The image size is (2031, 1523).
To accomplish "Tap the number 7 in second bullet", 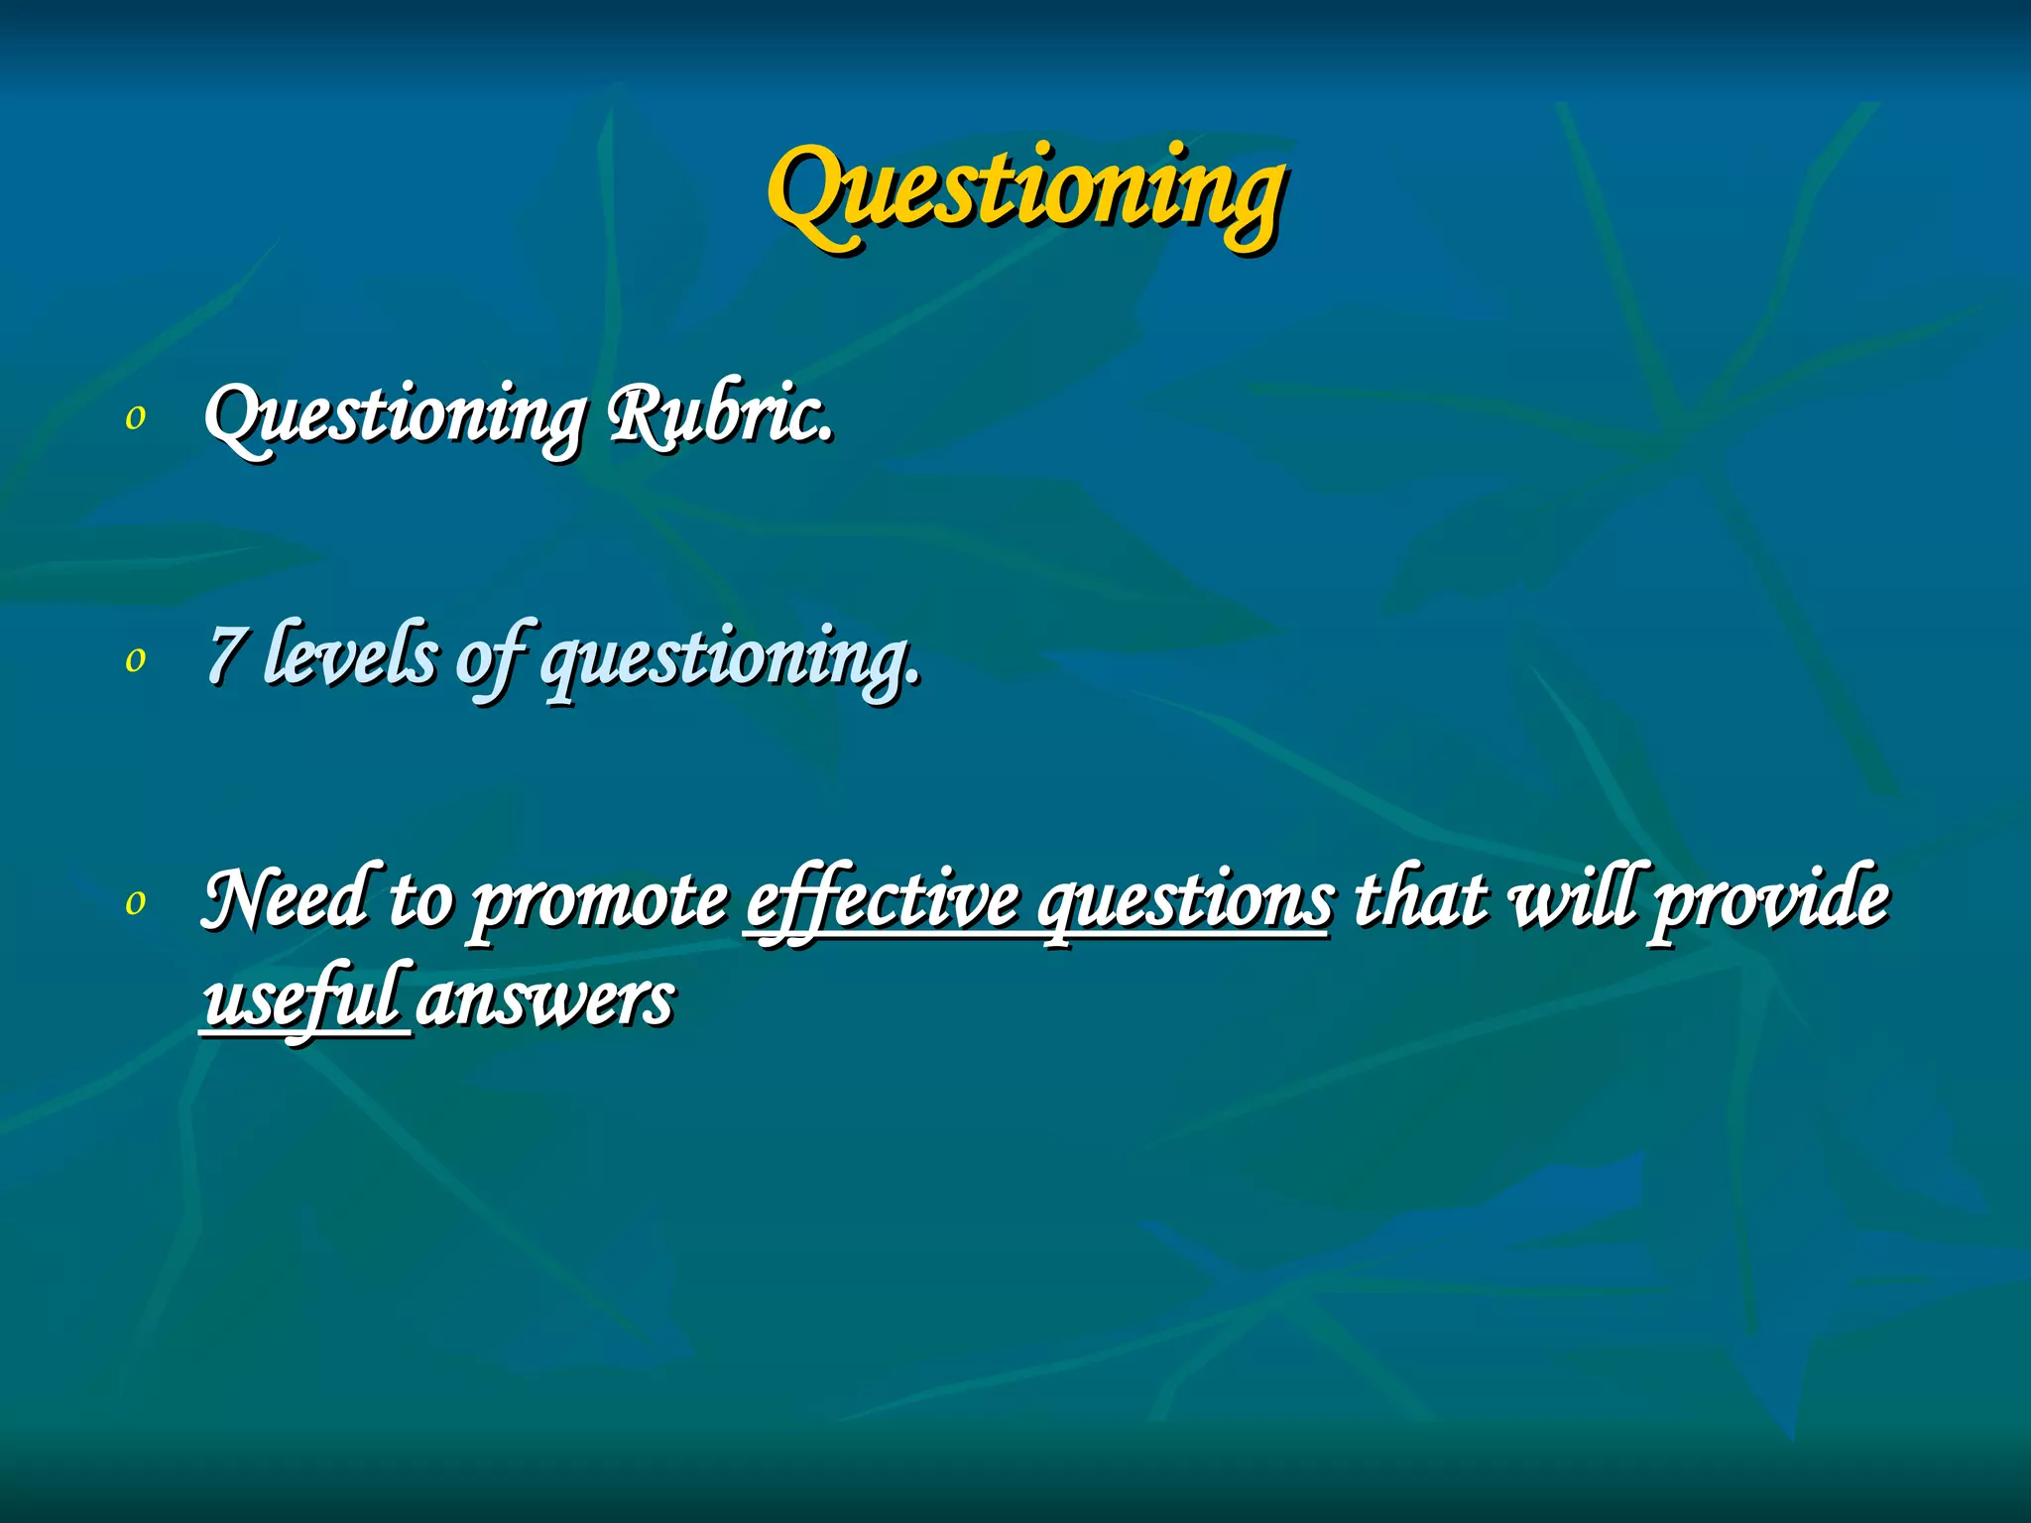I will pyautogui.click(x=225, y=655).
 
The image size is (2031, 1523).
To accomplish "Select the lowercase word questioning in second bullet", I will pyautogui.click(x=731, y=660).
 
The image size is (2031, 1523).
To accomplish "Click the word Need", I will pyautogui.click(x=285, y=898).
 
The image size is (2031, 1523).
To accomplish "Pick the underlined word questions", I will pyautogui.click(x=1185, y=902).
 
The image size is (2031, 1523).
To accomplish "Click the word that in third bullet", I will pyautogui.click(x=1420, y=898).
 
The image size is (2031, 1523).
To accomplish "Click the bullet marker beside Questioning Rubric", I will pyautogui.click(x=136, y=417).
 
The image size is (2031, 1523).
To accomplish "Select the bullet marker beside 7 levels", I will pyautogui.click(x=136, y=659).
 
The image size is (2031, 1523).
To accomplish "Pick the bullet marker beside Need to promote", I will pyautogui.click(x=136, y=901).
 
